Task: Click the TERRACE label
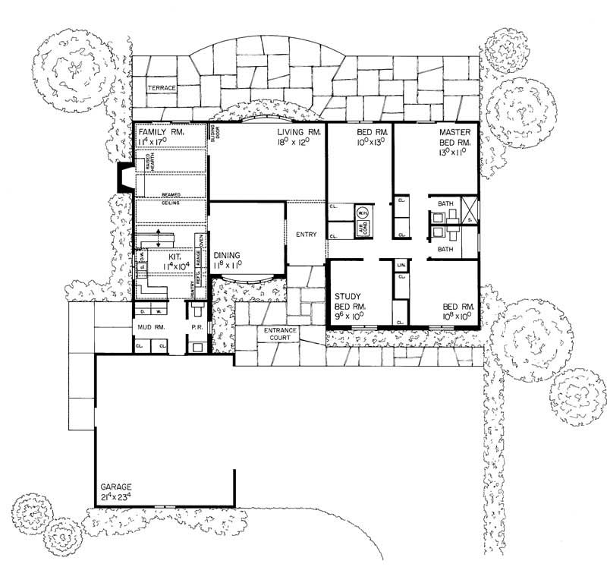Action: (x=162, y=88)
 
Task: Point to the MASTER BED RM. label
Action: (x=454, y=137)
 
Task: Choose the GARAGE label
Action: (x=115, y=487)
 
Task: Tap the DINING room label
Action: (x=227, y=256)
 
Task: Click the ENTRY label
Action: (x=306, y=235)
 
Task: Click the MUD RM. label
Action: (x=150, y=327)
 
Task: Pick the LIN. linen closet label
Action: (x=401, y=265)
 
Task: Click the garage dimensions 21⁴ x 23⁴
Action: (x=116, y=497)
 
